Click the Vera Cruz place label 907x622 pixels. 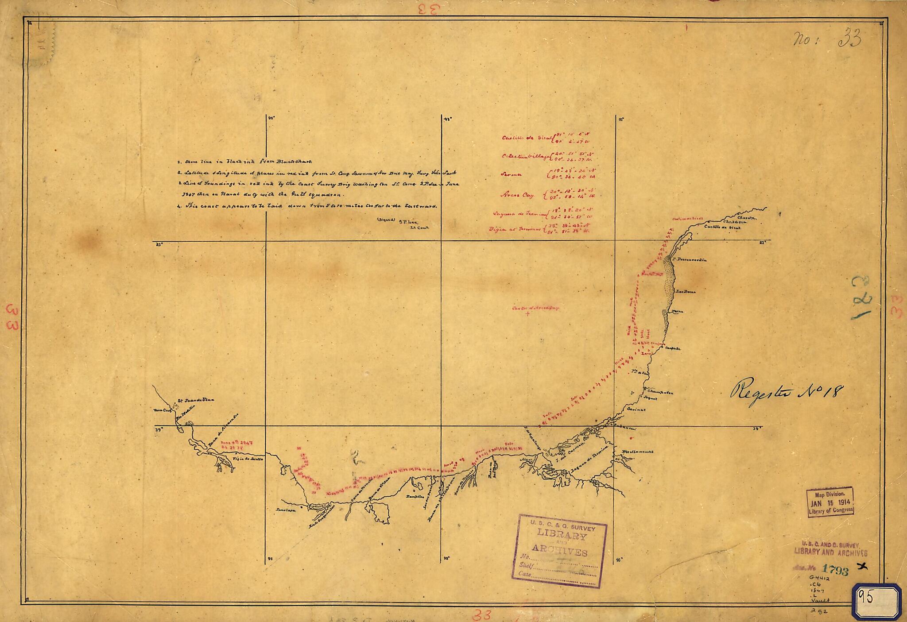162,410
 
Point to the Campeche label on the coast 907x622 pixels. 673,348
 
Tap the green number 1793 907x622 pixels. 835,570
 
